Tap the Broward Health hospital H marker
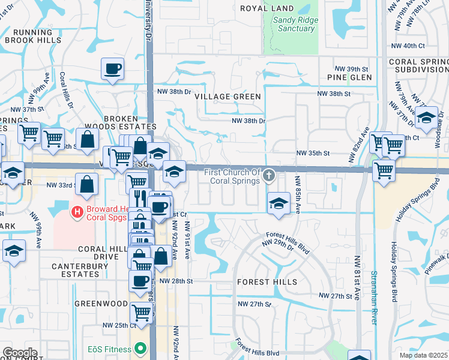(76, 211)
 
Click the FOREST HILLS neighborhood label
(267, 281)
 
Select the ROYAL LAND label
(267, 8)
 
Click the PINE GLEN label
(350, 77)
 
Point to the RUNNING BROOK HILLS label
(33, 36)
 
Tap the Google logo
(20, 353)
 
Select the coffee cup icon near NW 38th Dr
(113, 69)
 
